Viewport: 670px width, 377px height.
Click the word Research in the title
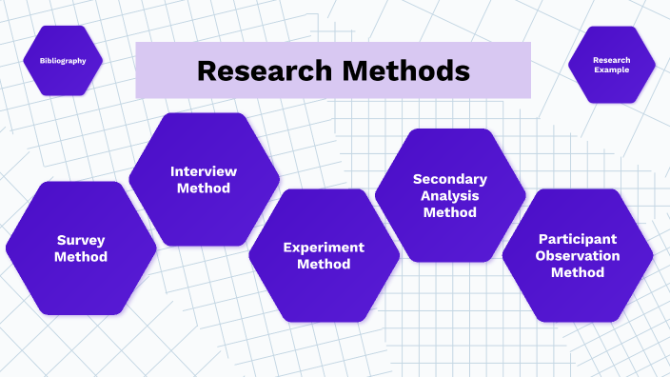tap(258, 70)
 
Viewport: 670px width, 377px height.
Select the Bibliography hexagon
tap(63, 60)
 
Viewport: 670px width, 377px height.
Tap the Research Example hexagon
tap(611, 65)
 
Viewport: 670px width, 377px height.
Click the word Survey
tap(81, 241)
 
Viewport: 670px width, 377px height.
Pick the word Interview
tap(204, 171)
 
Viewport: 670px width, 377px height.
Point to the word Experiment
tap(324, 248)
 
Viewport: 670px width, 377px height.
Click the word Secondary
tap(450, 179)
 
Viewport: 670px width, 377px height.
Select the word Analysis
tap(450, 196)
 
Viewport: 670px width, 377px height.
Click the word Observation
tap(578, 255)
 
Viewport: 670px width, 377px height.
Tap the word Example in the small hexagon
tap(611, 70)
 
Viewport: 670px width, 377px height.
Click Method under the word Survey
tap(81, 257)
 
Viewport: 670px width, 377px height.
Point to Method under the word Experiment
tap(324, 264)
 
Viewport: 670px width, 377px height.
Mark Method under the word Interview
tap(204, 188)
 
